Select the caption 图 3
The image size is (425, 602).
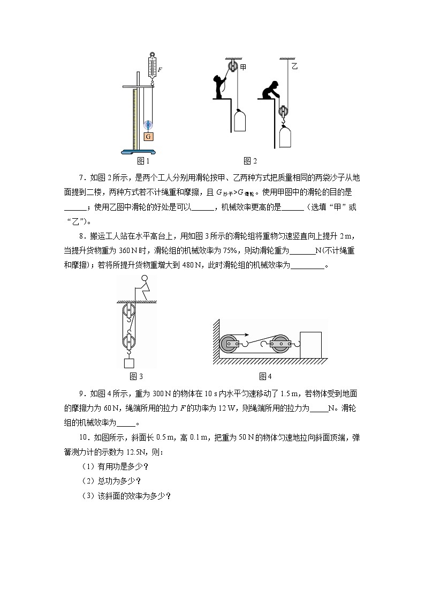[x=136, y=376]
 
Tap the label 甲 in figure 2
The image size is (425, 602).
[x=243, y=67]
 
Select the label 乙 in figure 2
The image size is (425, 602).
[x=294, y=66]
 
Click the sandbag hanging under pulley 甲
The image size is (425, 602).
[x=240, y=121]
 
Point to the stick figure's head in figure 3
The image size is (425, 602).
[x=143, y=279]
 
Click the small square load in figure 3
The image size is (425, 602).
[x=129, y=363]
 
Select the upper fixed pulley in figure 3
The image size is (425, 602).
[x=128, y=311]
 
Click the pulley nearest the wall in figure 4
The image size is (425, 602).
[x=231, y=345]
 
